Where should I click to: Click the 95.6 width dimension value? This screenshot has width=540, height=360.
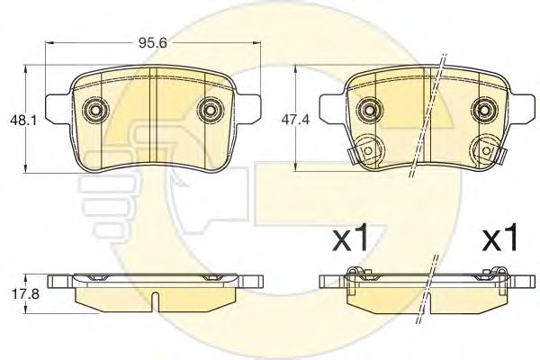tap(153, 43)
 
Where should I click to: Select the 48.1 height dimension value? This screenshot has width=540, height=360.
tap(23, 121)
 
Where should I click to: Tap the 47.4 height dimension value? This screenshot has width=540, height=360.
tap(295, 120)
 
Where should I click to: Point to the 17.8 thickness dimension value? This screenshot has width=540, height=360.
tap(26, 294)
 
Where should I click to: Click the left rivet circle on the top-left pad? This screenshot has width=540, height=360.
tap(95, 110)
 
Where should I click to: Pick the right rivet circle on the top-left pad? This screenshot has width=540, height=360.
tap(211, 110)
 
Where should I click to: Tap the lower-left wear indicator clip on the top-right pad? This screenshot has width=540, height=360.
tap(365, 150)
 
